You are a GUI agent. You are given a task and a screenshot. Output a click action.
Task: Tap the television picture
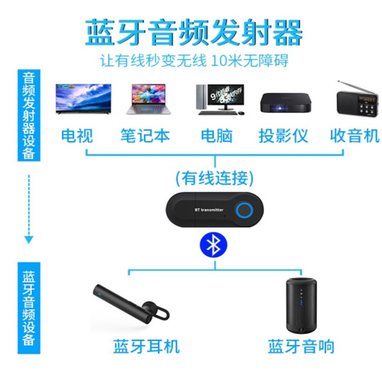coord(83,99)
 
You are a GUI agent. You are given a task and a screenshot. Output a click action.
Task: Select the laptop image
coord(149,99)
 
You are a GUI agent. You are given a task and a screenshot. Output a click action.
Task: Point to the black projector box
coord(286,102)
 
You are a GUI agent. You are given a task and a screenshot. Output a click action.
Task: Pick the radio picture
coord(355,99)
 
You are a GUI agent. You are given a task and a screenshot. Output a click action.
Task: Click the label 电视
coord(77,136)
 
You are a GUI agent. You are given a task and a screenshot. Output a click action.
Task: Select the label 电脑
coord(216,136)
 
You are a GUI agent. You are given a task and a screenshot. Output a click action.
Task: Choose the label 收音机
coord(355,136)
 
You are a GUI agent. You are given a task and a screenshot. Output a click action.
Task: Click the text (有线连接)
coord(214,178)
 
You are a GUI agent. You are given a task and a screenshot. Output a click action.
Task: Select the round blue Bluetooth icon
coord(213,245)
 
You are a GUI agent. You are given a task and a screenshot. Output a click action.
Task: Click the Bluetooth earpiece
coord(131,306)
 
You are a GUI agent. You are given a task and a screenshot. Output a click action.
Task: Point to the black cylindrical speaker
coord(301,304)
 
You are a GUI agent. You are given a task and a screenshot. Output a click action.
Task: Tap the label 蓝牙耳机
coord(146,346)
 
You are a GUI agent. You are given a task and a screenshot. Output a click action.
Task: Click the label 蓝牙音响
coord(301,346)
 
